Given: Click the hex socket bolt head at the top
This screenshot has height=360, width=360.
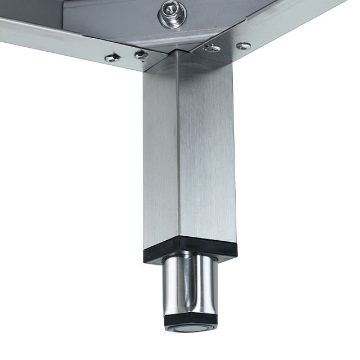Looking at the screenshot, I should [172, 11].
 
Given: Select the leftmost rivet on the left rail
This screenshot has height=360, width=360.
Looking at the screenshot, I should [112, 57].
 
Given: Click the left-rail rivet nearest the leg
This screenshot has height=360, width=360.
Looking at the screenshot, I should [140, 55].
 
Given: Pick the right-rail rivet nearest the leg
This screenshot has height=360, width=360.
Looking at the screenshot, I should [212, 48].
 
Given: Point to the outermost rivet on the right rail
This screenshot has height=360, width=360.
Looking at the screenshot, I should [243, 45].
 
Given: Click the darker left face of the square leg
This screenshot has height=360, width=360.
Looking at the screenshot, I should [161, 152].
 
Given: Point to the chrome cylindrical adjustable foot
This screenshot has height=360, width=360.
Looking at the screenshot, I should [190, 284].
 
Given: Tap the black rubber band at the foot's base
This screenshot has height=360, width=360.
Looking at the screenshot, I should [190, 322].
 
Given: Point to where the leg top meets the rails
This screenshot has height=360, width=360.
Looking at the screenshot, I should [179, 53].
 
